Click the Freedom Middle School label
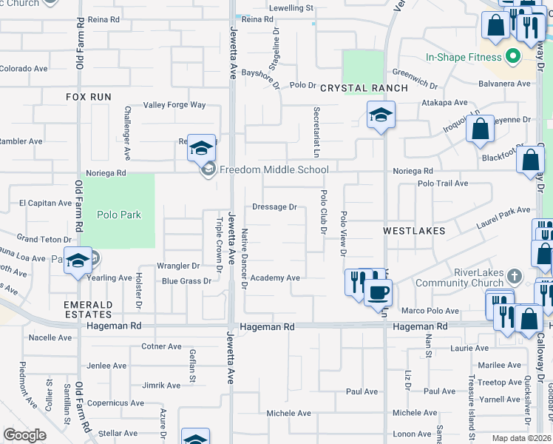pos(274,170)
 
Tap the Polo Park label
pos(118,215)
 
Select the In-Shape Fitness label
pos(463,57)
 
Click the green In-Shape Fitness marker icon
pos(510,57)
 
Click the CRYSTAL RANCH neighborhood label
pos(364,88)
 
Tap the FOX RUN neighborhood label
pos(88,97)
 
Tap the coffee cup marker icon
pos(379,291)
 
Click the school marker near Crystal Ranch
pos(381,115)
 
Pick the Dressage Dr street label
pos(274,207)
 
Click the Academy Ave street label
pos(274,277)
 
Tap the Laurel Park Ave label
pos(503,219)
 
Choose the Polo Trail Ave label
pos(443,184)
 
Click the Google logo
pos(24,435)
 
